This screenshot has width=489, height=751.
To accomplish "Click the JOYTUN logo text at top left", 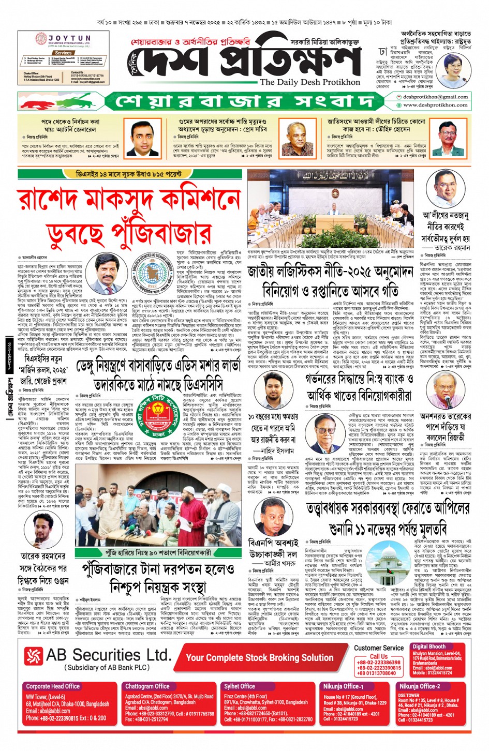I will tap(69, 39).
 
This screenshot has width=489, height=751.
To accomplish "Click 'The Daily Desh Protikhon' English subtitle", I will tap(310, 82).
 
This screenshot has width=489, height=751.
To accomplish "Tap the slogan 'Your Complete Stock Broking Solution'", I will tap(260, 657).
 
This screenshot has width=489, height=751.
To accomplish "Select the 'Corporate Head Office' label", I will tap(53, 686).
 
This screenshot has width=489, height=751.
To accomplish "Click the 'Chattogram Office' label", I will tap(147, 686).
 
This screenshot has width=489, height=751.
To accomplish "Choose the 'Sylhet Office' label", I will tap(240, 686).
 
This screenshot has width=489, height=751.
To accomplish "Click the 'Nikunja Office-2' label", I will tap(419, 686).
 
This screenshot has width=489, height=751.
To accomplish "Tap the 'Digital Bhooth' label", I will tap(429, 647).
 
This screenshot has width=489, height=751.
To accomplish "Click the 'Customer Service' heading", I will tap(379, 648).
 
